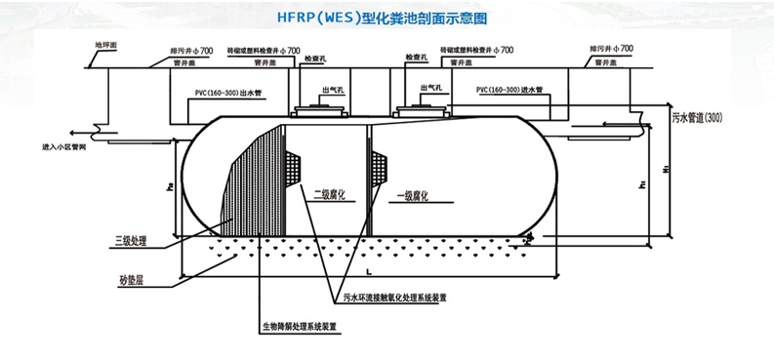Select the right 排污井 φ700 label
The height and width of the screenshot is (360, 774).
pos(613,48)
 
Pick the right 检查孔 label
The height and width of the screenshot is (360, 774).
pos(408,61)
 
